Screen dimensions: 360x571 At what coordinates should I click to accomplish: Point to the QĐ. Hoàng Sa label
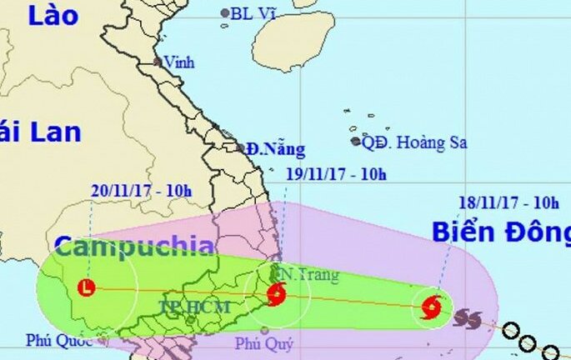point(414,142)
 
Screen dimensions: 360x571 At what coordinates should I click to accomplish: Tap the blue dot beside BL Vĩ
point(225,12)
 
